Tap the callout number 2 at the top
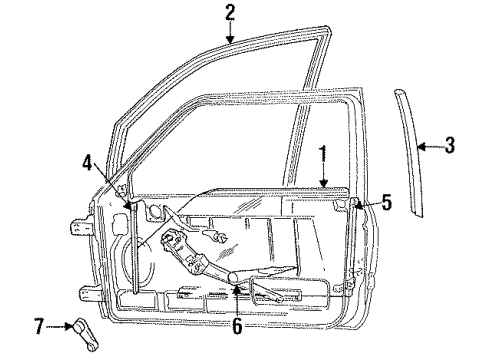coord(230,14)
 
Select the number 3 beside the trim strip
coord(450,146)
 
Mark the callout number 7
coord(40,326)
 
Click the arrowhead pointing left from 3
coord(420,146)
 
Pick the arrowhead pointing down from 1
coord(322,185)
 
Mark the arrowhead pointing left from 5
coord(361,205)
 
